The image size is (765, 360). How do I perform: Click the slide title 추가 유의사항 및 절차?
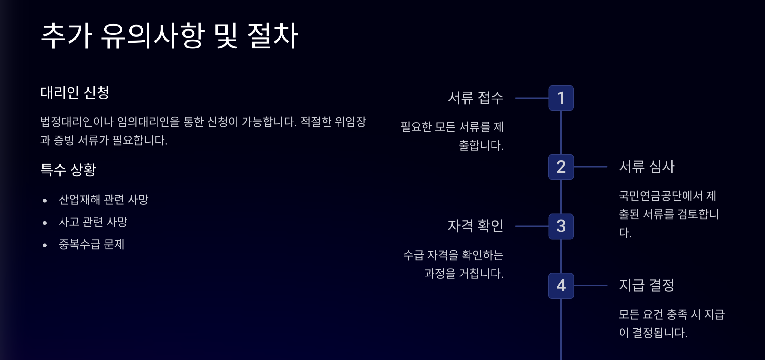point(170,36)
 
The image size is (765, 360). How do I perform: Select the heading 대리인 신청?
point(75,93)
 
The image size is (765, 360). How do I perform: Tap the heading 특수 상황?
point(68,169)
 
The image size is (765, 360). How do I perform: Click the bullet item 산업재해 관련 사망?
point(104,200)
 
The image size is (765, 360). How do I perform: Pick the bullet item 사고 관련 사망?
point(93,222)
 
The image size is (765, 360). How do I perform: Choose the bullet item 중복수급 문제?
point(91,245)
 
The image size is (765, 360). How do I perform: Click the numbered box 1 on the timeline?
point(561,98)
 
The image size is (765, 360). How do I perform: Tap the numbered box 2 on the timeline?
point(561,167)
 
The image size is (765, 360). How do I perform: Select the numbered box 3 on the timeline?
point(561,226)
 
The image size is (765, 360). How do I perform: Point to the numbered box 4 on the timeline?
point(561,286)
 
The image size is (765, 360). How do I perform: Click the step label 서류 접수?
point(476,98)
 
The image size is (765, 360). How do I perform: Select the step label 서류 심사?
point(647,167)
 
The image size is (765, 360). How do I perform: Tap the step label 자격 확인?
point(476,226)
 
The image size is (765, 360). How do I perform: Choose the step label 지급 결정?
point(646,285)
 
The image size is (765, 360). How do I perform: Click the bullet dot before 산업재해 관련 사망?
point(45,201)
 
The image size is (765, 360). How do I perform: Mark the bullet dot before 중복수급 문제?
point(45,245)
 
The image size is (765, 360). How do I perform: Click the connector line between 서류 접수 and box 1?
point(532,98)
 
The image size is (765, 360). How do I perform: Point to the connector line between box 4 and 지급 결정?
point(590,286)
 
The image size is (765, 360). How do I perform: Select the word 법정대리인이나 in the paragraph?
point(77,122)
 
